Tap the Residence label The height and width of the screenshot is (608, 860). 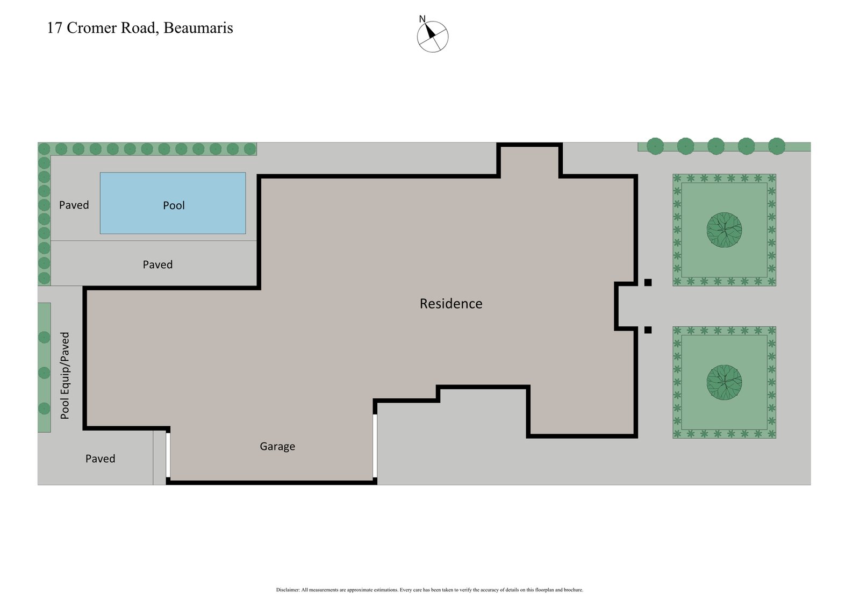[450, 304]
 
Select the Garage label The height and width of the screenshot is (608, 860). [277, 446]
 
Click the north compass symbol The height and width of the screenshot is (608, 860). [433, 37]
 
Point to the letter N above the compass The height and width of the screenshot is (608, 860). [422, 19]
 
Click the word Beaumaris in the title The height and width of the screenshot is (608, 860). [198, 28]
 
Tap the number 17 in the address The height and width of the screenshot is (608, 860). [54, 28]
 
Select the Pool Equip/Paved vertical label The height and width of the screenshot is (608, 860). [65, 376]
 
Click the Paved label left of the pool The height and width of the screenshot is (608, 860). [74, 205]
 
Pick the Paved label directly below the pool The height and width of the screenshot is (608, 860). [157, 264]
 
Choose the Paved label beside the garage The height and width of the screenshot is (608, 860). [100, 459]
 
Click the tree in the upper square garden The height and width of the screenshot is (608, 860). [724, 230]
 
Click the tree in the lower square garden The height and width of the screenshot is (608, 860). [724, 383]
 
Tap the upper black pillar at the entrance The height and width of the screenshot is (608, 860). [648, 282]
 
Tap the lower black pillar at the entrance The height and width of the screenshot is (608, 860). [648, 330]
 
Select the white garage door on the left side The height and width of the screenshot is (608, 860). [168, 455]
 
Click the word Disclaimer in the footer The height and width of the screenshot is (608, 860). [288, 590]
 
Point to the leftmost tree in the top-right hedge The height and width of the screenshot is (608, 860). [655, 146]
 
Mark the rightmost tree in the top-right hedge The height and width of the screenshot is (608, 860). [777, 146]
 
